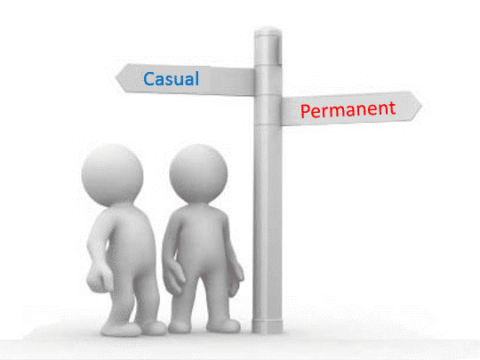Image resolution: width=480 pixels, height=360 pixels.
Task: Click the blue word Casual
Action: (x=172, y=79)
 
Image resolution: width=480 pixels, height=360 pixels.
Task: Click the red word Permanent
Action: (x=348, y=110)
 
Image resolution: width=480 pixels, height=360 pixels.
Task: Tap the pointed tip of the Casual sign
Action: (x=116, y=77)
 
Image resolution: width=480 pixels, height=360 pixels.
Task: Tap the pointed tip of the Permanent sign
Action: (x=421, y=107)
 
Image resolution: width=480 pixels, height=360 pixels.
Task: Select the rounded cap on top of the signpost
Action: (x=268, y=32)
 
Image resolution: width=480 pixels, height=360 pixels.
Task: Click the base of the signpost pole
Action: (x=268, y=326)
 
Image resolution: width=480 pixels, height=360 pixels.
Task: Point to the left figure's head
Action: (x=112, y=174)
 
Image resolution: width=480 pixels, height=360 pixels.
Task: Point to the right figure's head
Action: (x=198, y=173)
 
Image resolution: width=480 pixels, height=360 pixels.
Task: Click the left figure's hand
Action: (x=99, y=278)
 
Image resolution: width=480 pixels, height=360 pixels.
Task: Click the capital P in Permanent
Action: (x=305, y=111)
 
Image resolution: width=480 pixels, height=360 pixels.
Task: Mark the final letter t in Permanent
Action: (x=392, y=108)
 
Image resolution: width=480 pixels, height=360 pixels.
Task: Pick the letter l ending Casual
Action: (x=196, y=78)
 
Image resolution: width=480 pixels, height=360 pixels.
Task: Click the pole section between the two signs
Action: (x=268, y=81)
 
